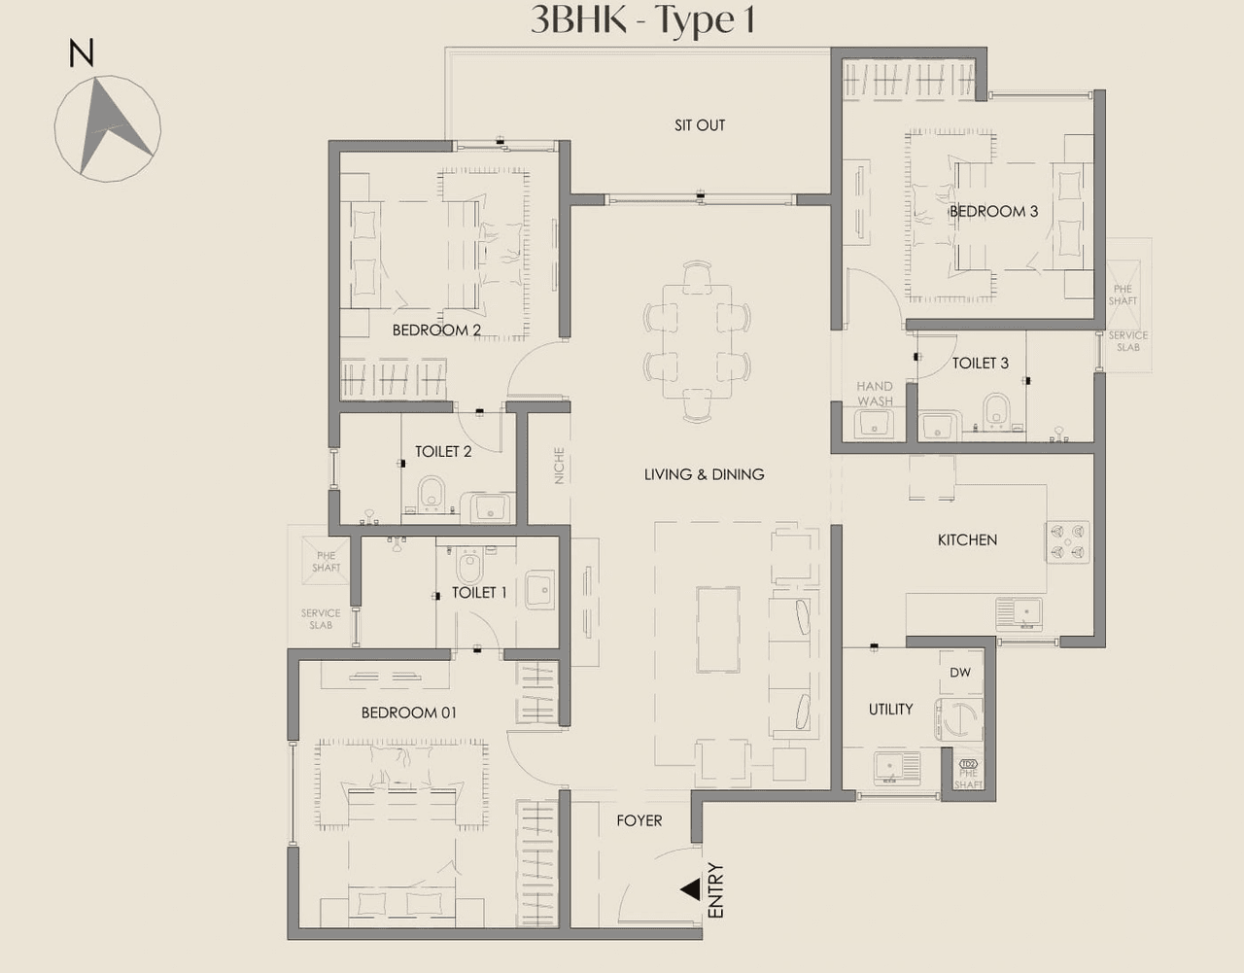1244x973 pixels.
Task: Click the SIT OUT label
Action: [x=700, y=125]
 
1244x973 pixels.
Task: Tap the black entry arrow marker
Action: [x=690, y=889]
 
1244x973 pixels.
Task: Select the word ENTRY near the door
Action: [x=716, y=890]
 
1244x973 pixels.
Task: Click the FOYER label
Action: [x=639, y=821]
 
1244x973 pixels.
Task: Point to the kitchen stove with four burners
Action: [x=1067, y=542]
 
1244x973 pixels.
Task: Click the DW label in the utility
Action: [x=960, y=673]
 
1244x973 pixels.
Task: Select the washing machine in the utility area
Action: [x=958, y=720]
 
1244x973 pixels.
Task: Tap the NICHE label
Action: [x=559, y=466]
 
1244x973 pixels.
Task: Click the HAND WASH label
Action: [x=875, y=394]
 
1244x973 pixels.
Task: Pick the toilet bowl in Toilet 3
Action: [x=996, y=411]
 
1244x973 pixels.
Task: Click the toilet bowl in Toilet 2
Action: [x=431, y=494]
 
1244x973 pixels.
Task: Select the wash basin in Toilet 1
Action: [x=539, y=591]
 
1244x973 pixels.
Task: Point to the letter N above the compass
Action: [x=82, y=53]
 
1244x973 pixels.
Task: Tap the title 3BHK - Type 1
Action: [x=642, y=20]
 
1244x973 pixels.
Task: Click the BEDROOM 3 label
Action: [x=993, y=212]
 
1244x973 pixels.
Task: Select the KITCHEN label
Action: [x=967, y=540]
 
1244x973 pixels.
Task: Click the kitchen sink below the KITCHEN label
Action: [x=1019, y=612]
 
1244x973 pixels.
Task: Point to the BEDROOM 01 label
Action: [x=408, y=713]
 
